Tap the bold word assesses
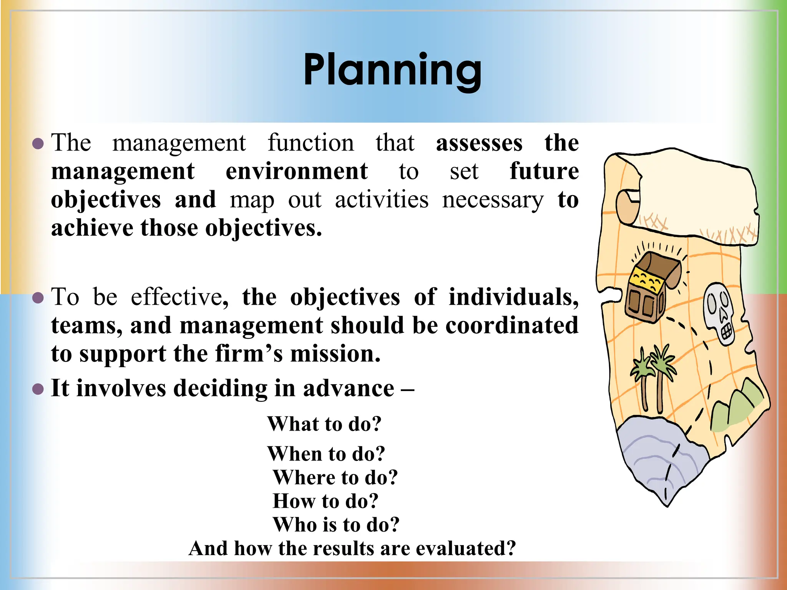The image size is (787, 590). coord(479,143)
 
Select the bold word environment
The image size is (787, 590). coord(296,171)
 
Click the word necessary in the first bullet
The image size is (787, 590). coord(493,200)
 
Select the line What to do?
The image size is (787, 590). coord(324,424)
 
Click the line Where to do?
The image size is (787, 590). coord(335,478)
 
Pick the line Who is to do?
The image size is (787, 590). coord(336,525)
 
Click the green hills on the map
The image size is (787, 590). coord(736,407)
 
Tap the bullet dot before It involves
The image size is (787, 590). coord(38,389)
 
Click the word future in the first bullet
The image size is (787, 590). coord(544,171)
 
